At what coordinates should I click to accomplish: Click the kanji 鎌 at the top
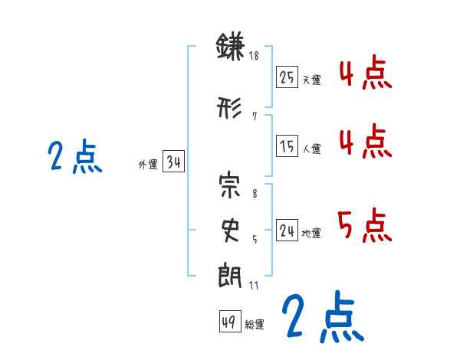pyautogui.click(x=230, y=48)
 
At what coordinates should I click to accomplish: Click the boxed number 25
pyautogui.click(x=287, y=77)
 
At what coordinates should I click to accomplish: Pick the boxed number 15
pyautogui.click(x=287, y=146)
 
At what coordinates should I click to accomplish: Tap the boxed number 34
pyautogui.click(x=173, y=162)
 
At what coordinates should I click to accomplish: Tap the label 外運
pyautogui.click(x=148, y=164)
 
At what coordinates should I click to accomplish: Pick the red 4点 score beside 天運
pyautogui.click(x=364, y=74)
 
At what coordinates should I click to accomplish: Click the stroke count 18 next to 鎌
pyautogui.click(x=255, y=56)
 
